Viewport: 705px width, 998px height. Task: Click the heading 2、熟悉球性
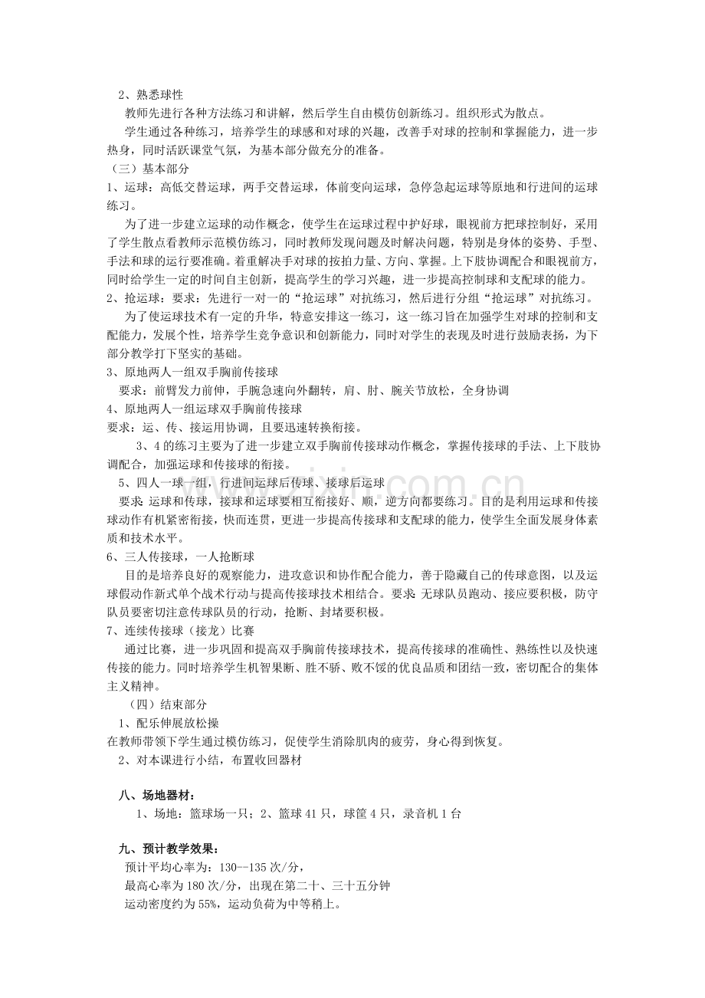tap(150, 95)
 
